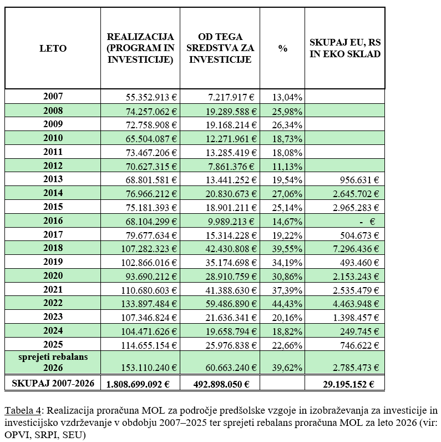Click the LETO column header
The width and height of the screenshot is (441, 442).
click(53, 48)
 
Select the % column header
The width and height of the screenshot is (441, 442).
click(282, 48)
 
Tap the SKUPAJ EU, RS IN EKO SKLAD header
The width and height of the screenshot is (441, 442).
click(345, 48)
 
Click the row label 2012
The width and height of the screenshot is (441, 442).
click(53, 165)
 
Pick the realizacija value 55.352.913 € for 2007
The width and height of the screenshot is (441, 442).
click(151, 97)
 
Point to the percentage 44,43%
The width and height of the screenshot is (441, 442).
click(287, 304)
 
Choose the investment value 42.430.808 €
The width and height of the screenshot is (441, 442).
click(231, 249)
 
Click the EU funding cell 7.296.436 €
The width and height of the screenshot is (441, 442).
click(356, 249)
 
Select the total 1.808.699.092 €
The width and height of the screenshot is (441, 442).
click(138, 384)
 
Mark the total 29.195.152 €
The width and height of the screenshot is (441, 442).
click(348, 384)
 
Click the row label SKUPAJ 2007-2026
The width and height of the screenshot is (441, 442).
click(53, 383)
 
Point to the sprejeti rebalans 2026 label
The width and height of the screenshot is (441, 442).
click(53, 362)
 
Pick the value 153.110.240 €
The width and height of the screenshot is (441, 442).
click(149, 368)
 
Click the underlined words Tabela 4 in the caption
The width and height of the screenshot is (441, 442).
click(23, 410)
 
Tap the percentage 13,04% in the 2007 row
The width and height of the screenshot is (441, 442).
click(287, 97)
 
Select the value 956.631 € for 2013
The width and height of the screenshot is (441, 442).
click(359, 180)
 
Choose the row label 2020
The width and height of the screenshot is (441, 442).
click(53, 275)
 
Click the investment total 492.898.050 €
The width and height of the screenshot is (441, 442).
click(221, 384)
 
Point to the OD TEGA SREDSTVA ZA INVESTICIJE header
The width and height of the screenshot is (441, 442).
click(220, 48)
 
